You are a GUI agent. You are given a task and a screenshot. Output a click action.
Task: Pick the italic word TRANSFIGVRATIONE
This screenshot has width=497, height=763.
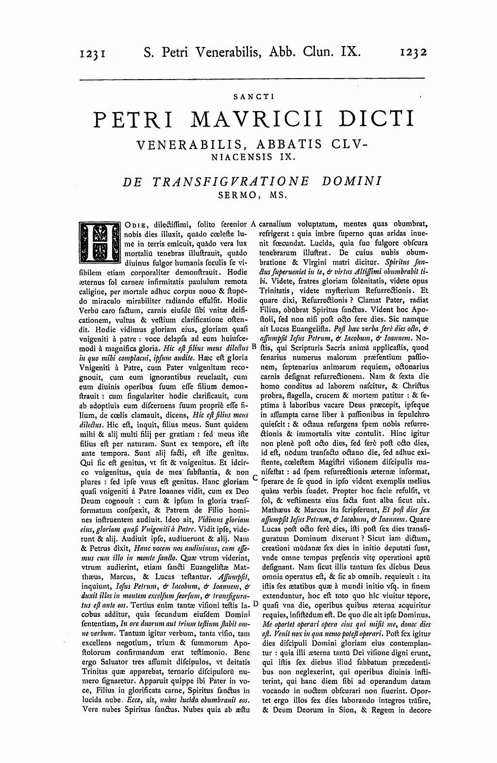pyautogui.click(x=230, y=181)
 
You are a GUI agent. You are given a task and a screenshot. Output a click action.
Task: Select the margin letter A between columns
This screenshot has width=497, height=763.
pyautogui.click(x=253, y=225)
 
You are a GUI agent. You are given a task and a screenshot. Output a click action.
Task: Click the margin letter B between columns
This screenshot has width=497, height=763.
pyautogui.click(x=254, y=348)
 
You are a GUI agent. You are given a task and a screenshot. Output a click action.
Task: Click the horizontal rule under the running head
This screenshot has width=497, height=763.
pyautogui.click(x=251, y=79)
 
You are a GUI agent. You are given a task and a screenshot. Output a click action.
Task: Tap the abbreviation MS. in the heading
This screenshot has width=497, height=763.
pyautogui.click(x=281, y=196)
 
